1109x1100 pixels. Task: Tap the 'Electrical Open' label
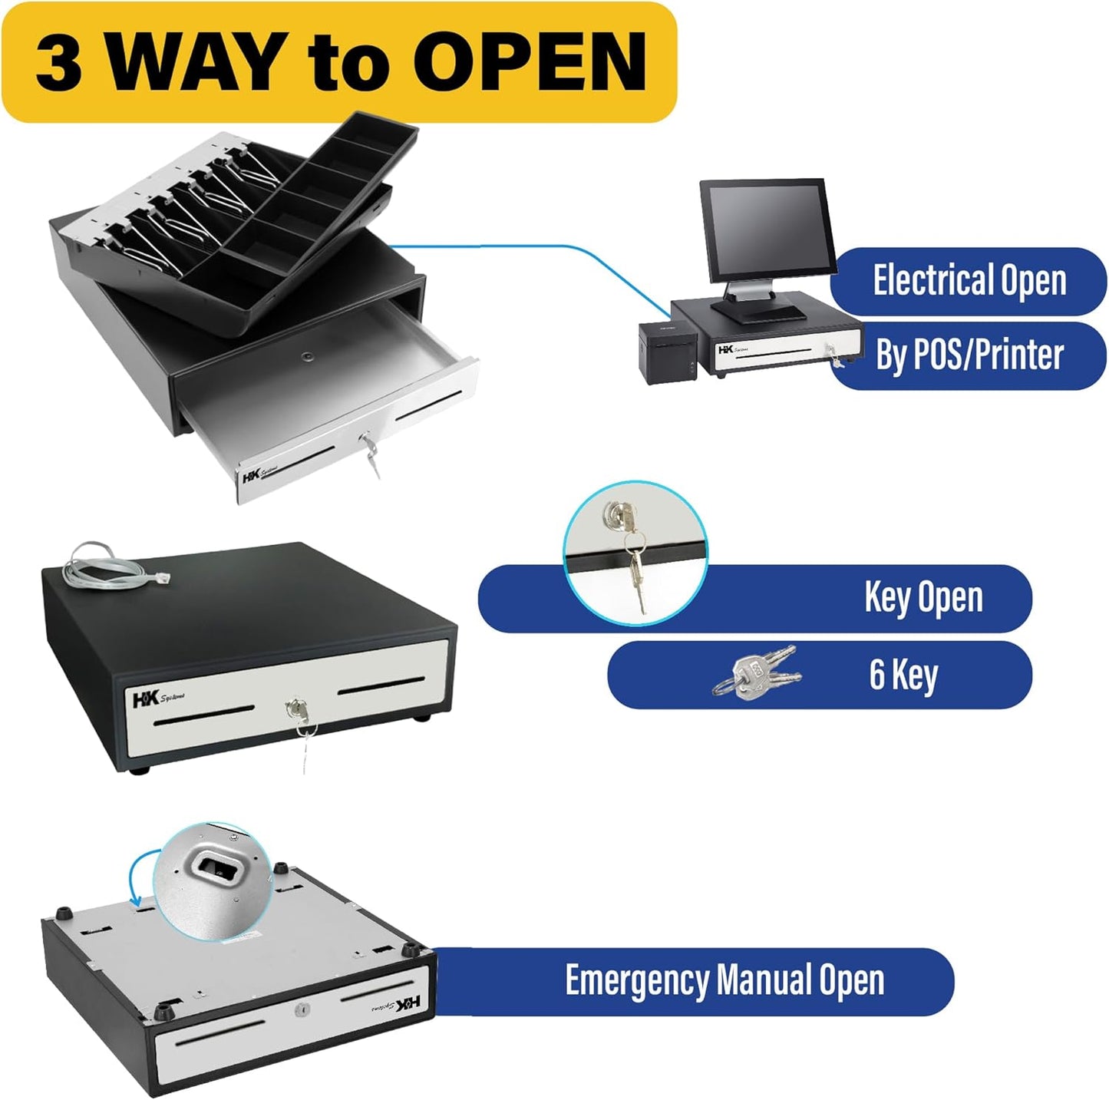(x=969, y=280)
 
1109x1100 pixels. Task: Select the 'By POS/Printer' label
(x=969, y=355)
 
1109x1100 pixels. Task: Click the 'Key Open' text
(x=923, y=597)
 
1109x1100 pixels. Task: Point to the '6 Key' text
(x=903, y=674)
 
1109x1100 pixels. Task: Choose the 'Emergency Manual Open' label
(x=724, y=980)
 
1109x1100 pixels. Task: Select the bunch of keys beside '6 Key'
(x=755, y=673)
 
